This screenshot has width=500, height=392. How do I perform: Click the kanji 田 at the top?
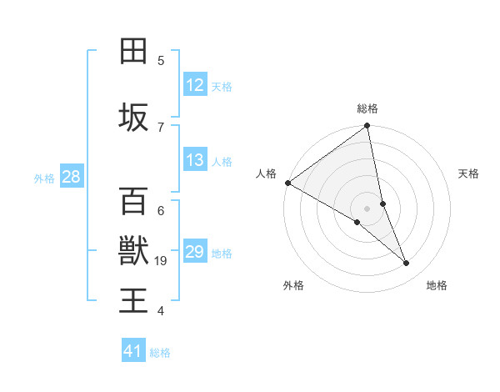133,51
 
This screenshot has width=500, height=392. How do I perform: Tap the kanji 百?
133,201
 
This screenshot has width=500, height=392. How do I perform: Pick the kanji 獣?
133,249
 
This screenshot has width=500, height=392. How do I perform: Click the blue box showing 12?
194,85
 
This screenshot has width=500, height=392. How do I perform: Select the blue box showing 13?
194,160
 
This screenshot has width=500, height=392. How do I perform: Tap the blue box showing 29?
194,252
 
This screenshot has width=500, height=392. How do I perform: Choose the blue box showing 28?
71,177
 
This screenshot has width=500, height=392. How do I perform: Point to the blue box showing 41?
133,351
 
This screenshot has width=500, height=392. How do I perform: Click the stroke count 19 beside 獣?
161,261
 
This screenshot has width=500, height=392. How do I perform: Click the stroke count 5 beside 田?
161,60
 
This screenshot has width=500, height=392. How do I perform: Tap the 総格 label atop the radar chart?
367,108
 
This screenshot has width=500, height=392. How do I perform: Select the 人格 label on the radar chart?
266,173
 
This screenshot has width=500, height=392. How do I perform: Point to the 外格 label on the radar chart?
293,285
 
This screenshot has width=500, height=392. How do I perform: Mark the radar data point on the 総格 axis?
367,127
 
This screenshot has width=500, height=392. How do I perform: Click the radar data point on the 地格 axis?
407,263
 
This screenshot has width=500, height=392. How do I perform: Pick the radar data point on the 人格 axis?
287,183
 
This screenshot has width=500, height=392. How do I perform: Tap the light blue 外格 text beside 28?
44,178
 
